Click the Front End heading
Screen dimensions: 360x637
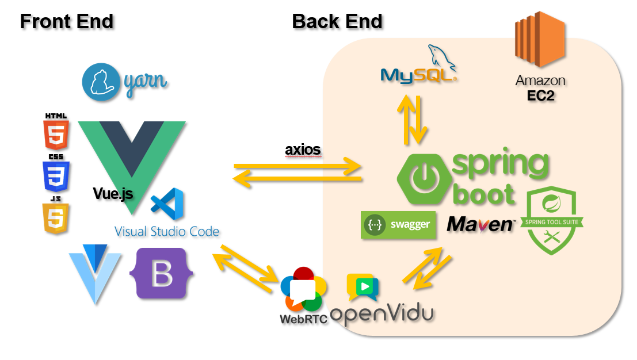(x=67, y=21)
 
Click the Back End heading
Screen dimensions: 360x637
(x=337, y=21)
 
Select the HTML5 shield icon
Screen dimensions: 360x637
(x=56, y=132)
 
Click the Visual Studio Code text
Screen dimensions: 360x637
(x=167, y=232)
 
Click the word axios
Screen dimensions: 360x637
(x=303, y=150)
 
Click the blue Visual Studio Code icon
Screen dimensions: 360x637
(x=167, y=204)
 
